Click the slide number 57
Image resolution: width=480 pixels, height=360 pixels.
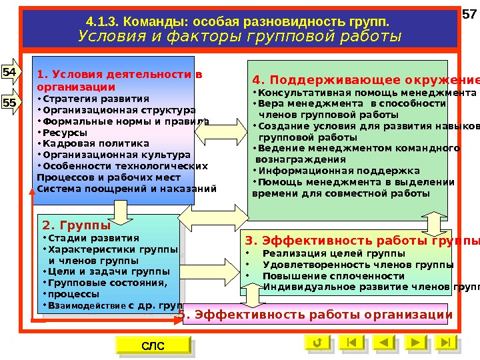point(469,15)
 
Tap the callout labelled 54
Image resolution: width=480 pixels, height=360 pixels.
point(10,71)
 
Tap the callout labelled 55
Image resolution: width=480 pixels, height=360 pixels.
point(10,103)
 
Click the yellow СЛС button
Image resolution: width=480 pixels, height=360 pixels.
point(153,345)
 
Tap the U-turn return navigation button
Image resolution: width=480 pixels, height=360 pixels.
point(317,343)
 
